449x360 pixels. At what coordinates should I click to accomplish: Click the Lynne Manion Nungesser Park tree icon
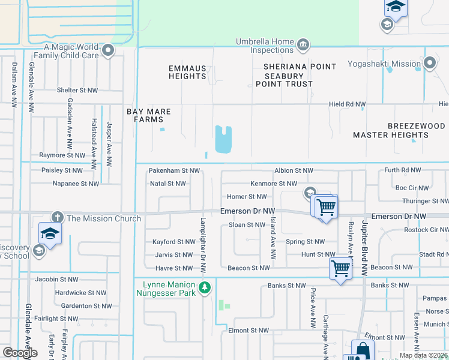[205, 288]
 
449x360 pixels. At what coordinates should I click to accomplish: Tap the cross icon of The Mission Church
[57, 218]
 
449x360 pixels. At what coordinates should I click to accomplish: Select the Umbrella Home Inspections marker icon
[303, 44]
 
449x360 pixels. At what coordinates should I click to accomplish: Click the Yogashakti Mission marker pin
[429, 63]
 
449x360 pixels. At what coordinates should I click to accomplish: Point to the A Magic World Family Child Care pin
[108, 50]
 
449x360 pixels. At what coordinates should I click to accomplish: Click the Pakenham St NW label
[174, 171]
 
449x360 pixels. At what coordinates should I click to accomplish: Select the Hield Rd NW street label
[347, 104]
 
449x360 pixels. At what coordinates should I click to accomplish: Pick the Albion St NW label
[294, 171]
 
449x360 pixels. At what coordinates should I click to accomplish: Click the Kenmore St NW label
[274, 184]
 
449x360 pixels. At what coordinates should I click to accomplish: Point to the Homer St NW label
[247, 197]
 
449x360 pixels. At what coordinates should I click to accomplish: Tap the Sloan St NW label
[247, 225]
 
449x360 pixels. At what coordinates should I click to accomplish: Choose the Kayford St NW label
[173, 242]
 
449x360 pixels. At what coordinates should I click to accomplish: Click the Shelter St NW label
[77, 91]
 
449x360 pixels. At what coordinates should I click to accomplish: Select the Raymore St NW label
[62, 155]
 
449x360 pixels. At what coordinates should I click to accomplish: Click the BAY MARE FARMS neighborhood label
[148, 116]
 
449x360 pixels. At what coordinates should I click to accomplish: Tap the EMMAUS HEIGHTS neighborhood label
[187, 73]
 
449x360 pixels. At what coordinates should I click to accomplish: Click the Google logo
[20, 353]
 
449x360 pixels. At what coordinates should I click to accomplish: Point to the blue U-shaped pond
[223, 139]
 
